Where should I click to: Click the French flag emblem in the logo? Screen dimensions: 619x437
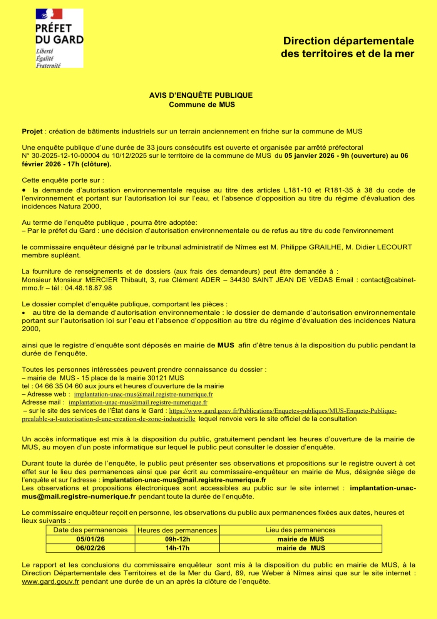[x=49, y=14]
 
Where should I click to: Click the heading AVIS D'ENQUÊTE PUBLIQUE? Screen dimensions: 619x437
[x=201, y=95]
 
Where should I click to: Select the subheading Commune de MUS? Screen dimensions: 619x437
[x=202, y=105]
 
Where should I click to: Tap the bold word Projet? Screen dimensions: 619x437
[x=32, y=132]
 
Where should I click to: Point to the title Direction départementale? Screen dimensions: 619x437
[x=348, y=41]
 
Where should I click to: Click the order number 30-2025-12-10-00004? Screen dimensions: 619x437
[x=65, y=156]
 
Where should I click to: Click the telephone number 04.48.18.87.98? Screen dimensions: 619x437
[x=88, y=288]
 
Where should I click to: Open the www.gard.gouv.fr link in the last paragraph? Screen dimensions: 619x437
[x=50, y=581]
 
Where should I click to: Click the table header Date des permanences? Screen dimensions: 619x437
[x=90, y=530]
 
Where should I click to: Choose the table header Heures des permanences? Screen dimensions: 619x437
[x=177, y=530]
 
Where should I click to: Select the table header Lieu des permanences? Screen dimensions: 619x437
[x=300, y=530]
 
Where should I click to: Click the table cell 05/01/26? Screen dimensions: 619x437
[x=90, y=539]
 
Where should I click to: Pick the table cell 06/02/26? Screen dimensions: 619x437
[x=90, y=548]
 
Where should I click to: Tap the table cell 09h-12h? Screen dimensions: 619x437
[x=177, y=539]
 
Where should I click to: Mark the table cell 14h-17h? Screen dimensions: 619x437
[x=177, y=548]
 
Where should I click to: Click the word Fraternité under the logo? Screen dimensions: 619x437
[x=48, y=65]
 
